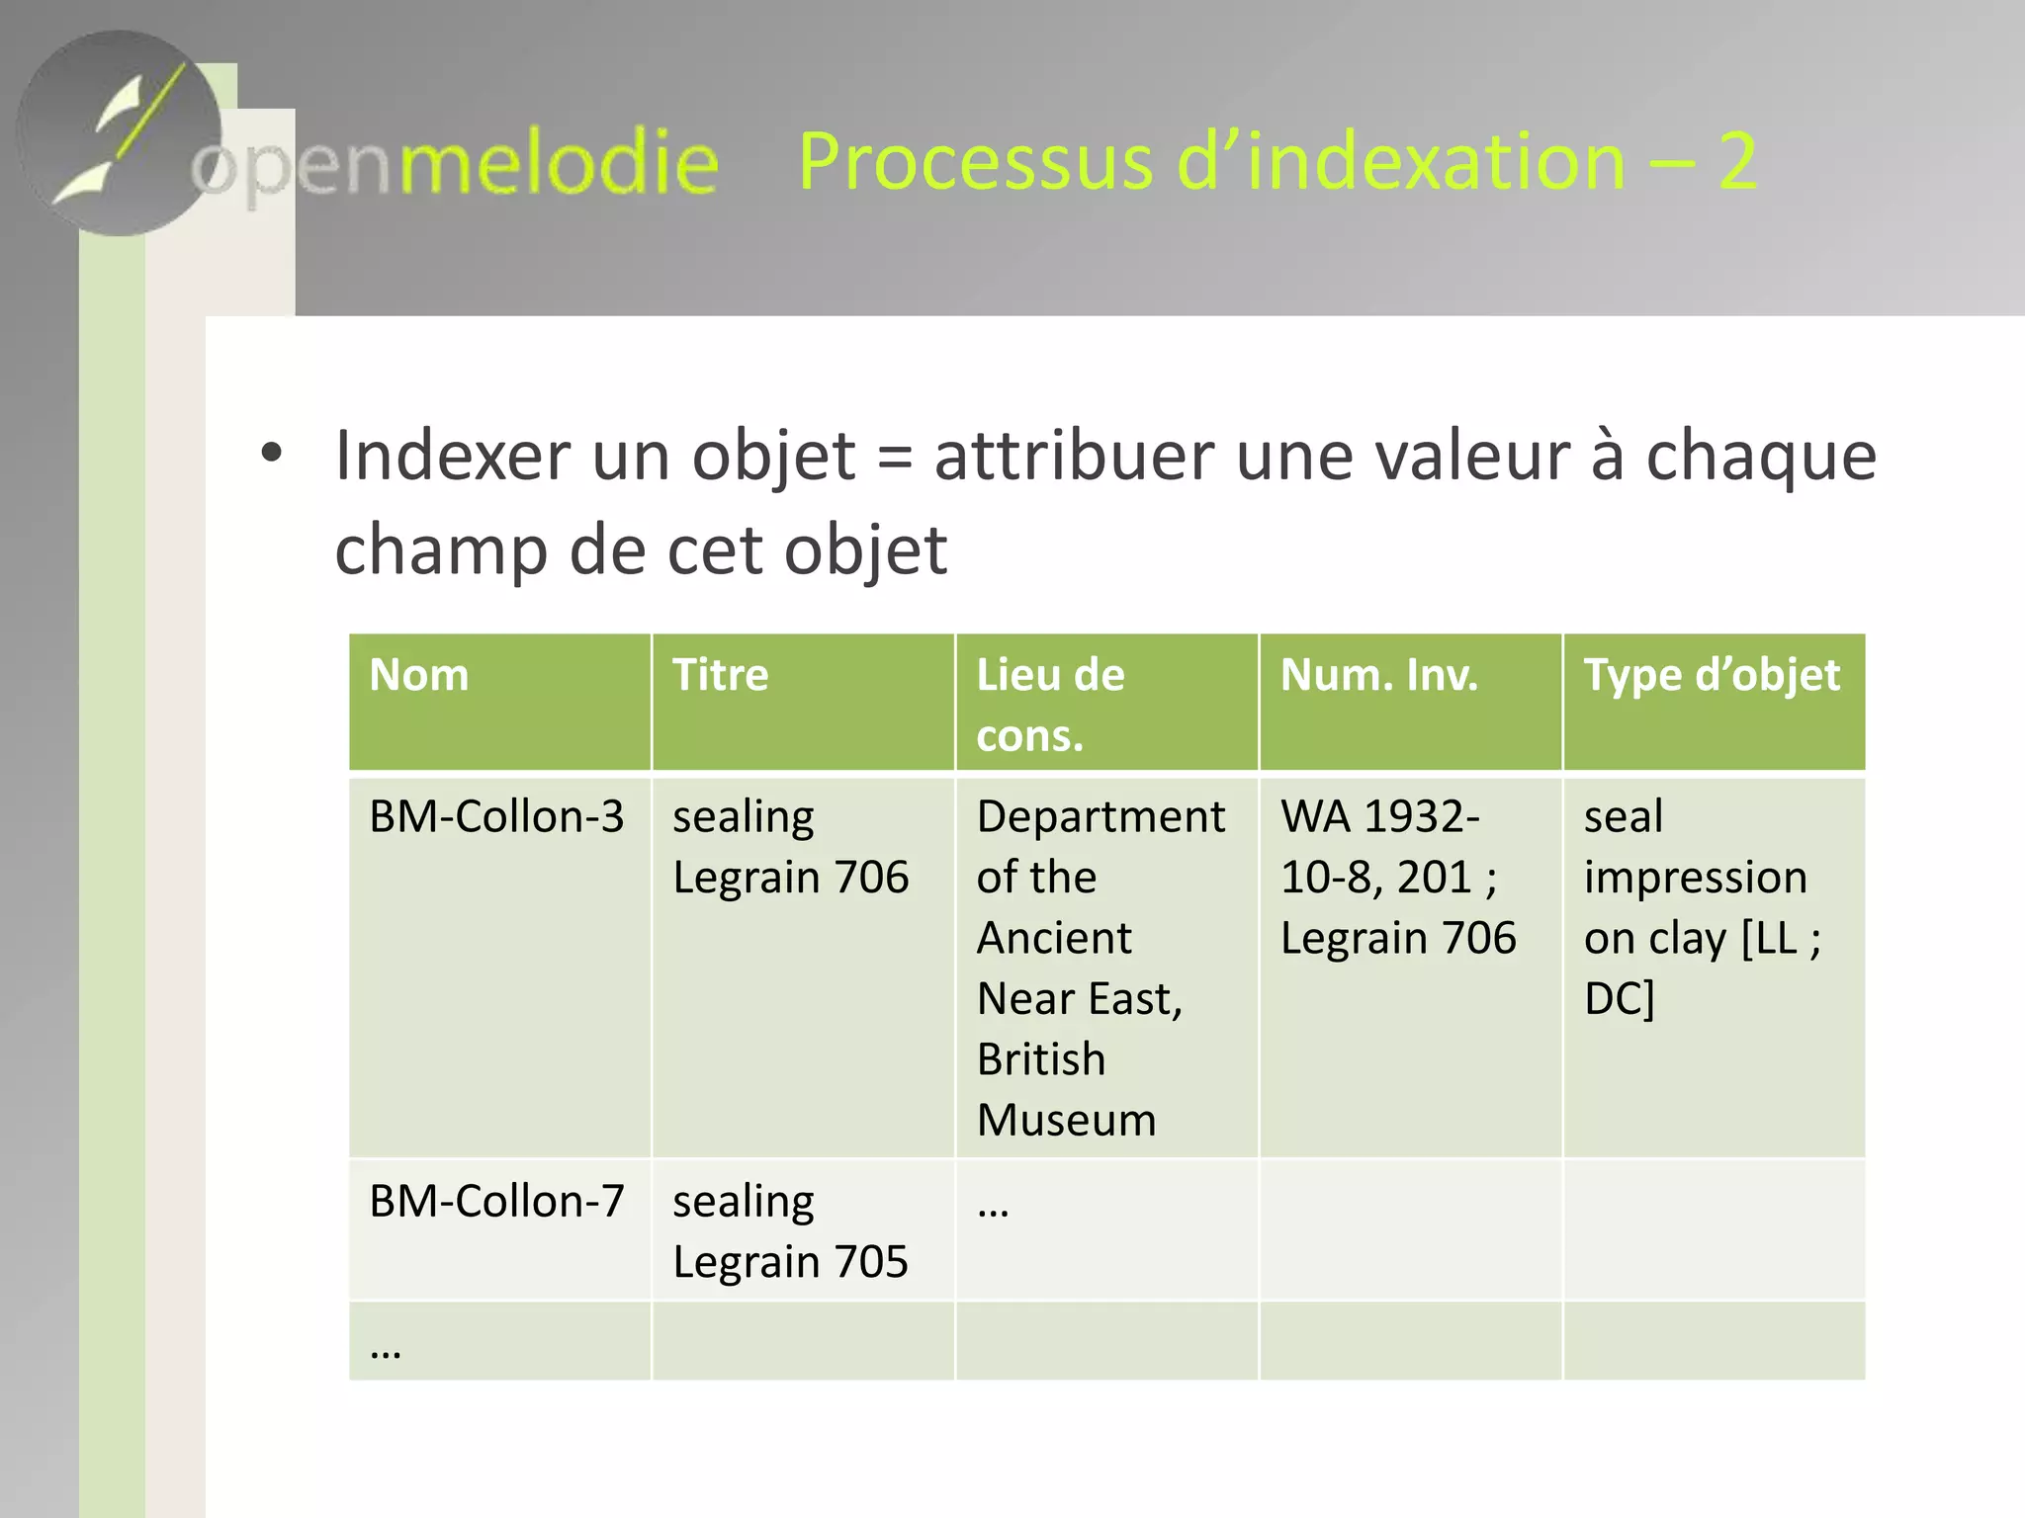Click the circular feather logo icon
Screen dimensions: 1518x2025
point(119,133)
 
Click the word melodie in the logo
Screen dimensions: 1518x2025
point(558,163)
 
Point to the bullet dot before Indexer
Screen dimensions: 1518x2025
point(271,454)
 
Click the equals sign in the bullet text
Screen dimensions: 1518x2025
point(895,458)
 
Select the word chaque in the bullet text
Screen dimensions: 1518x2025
point(1760,458)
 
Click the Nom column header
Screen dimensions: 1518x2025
point(419,676)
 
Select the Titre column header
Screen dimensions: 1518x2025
point(720,676)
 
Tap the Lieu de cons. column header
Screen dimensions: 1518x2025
point(1050,704)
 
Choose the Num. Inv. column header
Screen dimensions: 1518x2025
point(1378,676)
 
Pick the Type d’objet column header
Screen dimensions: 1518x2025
point(1712,676)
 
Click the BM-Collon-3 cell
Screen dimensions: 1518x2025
point(496,817)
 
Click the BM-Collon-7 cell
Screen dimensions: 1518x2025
point(496,1202)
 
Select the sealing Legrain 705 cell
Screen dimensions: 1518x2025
point(791,1231)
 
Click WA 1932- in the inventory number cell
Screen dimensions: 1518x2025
point(1379,817)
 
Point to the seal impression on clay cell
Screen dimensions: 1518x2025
point(1696,907)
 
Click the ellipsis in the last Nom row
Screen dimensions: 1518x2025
point(386,1350)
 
